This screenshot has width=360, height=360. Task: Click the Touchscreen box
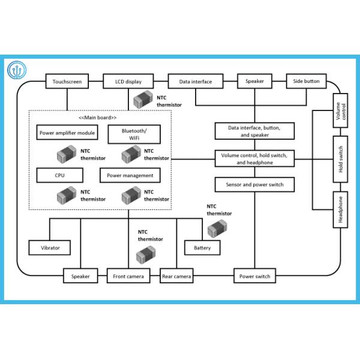click(67, 81)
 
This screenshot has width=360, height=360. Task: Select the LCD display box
click(128, 81)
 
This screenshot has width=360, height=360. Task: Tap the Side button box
click(307, 81)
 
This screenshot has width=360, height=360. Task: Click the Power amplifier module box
click(67, 133)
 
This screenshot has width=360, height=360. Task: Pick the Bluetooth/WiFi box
click(133, 134)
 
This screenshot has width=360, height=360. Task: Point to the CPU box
click(59, 175)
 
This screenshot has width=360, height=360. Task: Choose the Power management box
click(130, 175)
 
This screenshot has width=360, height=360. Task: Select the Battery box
click(202, 247)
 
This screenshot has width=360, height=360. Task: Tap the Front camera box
click(128, 277)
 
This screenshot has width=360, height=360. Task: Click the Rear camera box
click(176, 277)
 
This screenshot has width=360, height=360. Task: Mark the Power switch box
click(255, 277)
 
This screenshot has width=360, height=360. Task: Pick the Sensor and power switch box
click(255, 184)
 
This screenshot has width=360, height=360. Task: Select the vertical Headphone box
click(341, 209)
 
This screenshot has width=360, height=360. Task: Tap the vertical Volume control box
click(341, 110)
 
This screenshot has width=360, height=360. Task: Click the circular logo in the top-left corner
click(18, 70)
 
